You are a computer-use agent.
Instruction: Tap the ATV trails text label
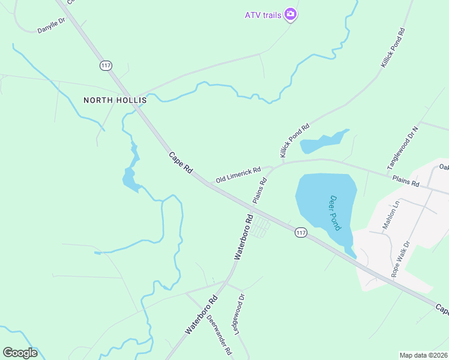tap(264, 14)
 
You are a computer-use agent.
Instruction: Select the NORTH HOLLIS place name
tap(115, 100)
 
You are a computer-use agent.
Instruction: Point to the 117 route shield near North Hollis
tap(106, 65)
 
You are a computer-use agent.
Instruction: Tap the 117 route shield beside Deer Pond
tap(301, 232)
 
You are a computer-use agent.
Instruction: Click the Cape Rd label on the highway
tap(180, 163)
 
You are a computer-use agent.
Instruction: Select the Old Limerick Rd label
tap(238, 173)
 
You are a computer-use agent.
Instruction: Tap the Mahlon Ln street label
tap(391, 215)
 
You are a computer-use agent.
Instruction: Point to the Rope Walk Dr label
tap(400, 259)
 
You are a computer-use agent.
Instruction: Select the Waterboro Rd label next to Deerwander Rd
tap(200, 314)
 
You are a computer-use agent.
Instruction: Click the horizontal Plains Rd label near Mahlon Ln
tap(405, 182)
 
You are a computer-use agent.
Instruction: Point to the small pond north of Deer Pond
tap(323, 141)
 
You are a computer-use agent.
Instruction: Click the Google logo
tap(20, 353)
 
